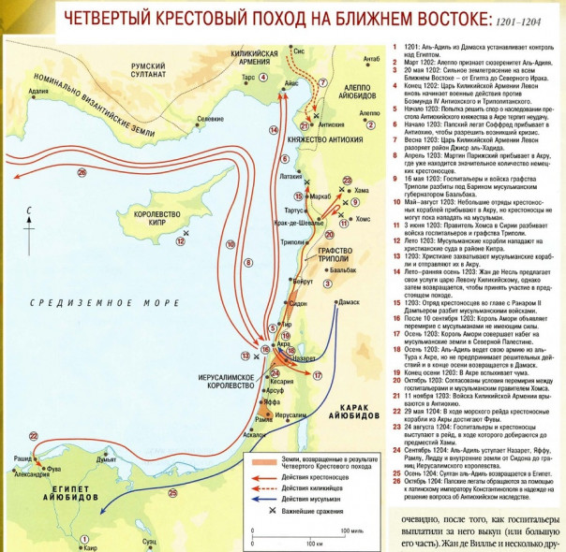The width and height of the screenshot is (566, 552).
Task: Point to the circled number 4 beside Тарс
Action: coord(263,78)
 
